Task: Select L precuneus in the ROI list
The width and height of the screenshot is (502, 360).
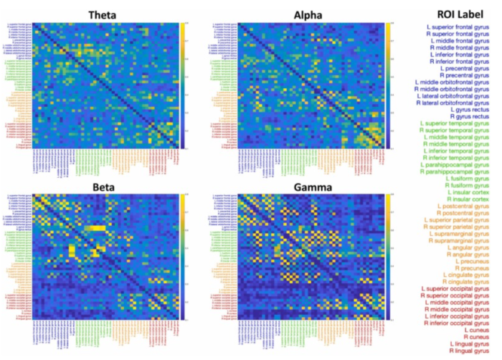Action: [x=474, y=263]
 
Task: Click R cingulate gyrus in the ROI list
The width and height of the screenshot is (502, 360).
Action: [x=468, y=282]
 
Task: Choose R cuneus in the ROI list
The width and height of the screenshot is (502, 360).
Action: [x=477, y=337]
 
